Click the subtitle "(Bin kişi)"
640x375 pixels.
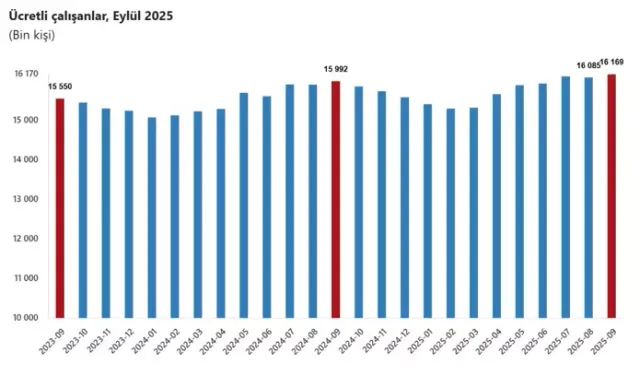point(32,35)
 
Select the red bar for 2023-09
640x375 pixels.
point(59,207)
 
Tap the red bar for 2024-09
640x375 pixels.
point(335,199)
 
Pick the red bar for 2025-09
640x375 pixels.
point(611,196)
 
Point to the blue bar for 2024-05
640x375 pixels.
point(243,205)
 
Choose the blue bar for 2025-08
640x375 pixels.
point(588,197)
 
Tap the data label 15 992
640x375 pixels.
point(335,69)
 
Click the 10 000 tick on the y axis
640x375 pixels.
point(26,318)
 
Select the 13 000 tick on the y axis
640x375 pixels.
point(26,199)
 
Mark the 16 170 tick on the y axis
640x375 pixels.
point(26,74)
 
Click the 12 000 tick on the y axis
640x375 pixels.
point(26,239)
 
